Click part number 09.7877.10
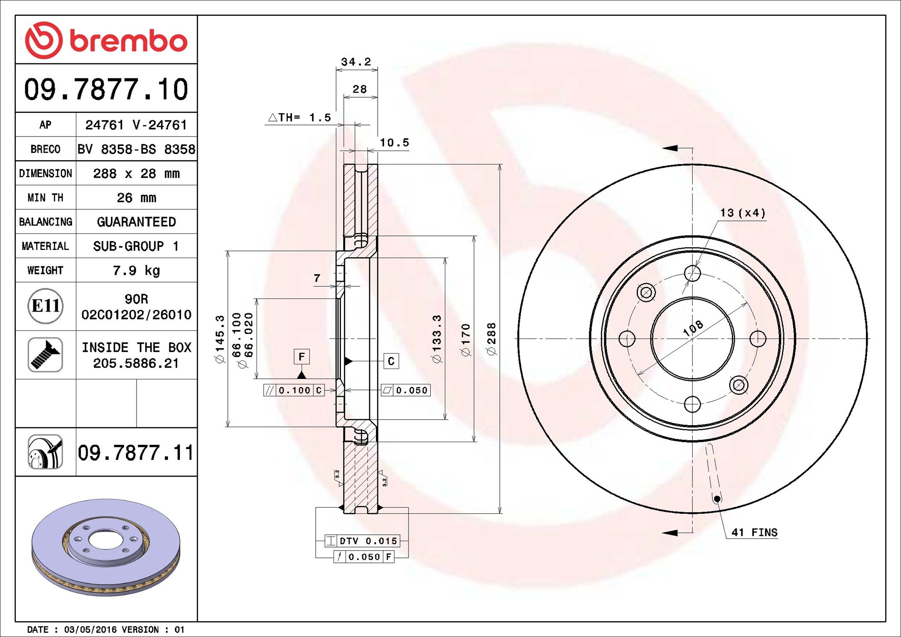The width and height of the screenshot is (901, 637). pos(106,89)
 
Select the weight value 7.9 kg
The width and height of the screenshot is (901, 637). pos(136,271)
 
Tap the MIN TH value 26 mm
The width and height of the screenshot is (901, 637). pos(136,198)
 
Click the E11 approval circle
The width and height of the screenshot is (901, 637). pos(45,306)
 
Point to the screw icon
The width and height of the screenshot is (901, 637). pos(45,355)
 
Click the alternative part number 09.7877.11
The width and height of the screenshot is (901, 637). pos(136,452)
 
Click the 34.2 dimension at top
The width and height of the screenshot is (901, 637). pos(356,62)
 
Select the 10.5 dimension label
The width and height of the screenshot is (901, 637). pos(394,143)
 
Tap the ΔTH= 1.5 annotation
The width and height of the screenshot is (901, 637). pos(300,117)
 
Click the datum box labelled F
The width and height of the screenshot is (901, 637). pos(301,357)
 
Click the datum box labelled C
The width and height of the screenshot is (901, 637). pos(391,361)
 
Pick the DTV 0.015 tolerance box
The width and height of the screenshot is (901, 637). pos(362,541)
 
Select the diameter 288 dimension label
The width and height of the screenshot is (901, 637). pos(491,339)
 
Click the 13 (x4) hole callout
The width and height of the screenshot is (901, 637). pos(743,213)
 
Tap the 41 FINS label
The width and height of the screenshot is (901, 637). pos(754,533)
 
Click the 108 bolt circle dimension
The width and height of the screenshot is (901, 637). pos(693,328)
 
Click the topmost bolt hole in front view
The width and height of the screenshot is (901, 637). pos(692,273)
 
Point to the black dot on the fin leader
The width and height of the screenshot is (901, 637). pos(717,499)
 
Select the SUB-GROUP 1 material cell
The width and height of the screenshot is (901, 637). pos(136,246)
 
